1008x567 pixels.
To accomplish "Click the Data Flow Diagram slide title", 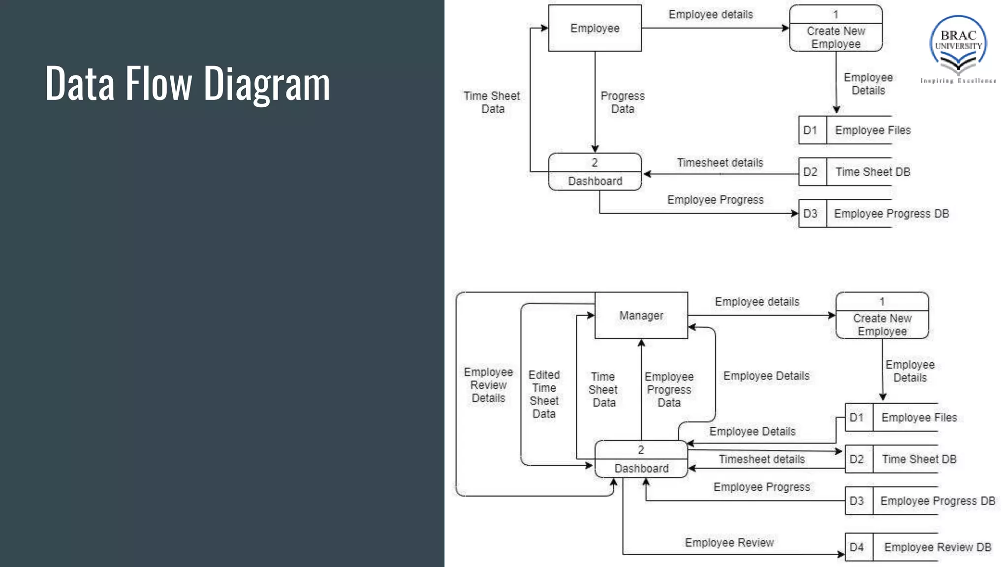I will click(x=188, y=84).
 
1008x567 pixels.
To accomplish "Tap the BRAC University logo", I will click(x=958, y=48).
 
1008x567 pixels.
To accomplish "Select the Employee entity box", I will click(x=595, y=28).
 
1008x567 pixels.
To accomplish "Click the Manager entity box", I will click(x=641, y=315).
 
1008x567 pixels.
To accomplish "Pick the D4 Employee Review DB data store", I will click(x=918, y=547).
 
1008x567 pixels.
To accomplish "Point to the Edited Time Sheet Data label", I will click(x=544, y=394).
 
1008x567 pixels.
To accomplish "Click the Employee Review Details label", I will click(x=488, y=385).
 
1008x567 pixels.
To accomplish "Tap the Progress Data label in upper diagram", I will click(x=622, y=102).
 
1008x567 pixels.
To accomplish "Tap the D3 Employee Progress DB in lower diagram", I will click(x=921, y=501).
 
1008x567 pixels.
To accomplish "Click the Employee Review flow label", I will click(x=729, y=542).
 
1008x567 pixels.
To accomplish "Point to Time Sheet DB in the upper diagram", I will click(x=872, y=172).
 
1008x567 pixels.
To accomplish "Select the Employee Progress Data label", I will click(x=669, y=389).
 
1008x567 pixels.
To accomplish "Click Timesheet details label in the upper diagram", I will click(x=720, y=163).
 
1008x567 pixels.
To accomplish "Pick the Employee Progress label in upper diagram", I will click(x=715, y=200).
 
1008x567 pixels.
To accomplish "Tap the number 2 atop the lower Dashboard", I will click(x=641, y=450).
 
